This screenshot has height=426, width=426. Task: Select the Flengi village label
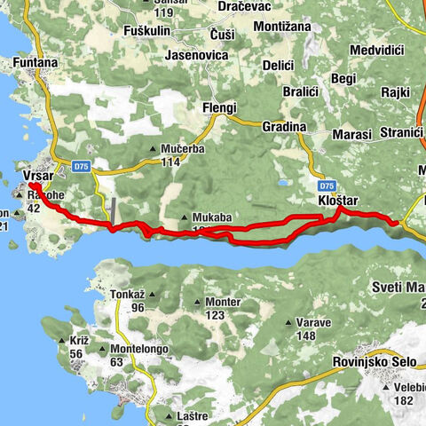(219, 108)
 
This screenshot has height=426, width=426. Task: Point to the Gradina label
(284, 127)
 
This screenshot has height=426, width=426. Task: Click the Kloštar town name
(337, 201)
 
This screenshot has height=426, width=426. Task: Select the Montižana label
(285, 28)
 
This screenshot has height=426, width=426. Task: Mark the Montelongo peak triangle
(103, 350)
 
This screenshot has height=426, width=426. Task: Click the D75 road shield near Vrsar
(82, 165)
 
